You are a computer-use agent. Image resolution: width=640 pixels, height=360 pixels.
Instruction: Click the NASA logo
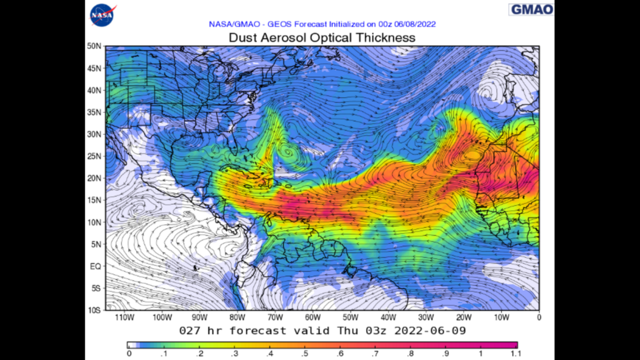pyautogui.click(x=102, y=15)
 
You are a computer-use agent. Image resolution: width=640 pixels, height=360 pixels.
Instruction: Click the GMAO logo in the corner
pyautogui.click(x=531, y=10)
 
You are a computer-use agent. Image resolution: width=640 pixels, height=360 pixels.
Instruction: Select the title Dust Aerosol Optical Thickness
pyautogui.click(x=322, y=38)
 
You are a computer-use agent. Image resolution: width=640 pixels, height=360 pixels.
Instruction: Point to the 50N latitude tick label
pyautogui.click(x=94, y=46)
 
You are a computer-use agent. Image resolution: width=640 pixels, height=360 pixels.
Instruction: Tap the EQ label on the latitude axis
pyautogui.click(x=95, y=266)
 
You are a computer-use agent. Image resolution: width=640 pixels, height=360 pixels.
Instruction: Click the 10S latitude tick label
pyautogui.click(x=94, y=310)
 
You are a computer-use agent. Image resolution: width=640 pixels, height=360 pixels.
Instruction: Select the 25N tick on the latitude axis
pyautogui.click(x=94, y=156)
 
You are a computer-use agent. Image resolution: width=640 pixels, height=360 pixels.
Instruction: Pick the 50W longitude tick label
pyautogui.click(x=350, y=317)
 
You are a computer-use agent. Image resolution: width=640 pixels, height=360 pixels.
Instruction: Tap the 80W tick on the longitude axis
pyautogui.click(x=237, y=317)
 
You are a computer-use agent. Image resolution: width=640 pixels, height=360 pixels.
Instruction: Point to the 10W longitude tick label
pyautogui.click(x=501, y=317)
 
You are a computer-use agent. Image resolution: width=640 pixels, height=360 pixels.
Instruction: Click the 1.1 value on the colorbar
pyautogui.click(x=516, y=353)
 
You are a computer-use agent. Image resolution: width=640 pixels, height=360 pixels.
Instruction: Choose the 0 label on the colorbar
pyautogui.click(x=129, y=353)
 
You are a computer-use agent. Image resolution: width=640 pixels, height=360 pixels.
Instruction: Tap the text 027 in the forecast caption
pyautogui.click(x=190, y=330)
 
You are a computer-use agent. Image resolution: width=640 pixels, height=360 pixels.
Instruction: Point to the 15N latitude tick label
pyautogui.click(x=94, y=200)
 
